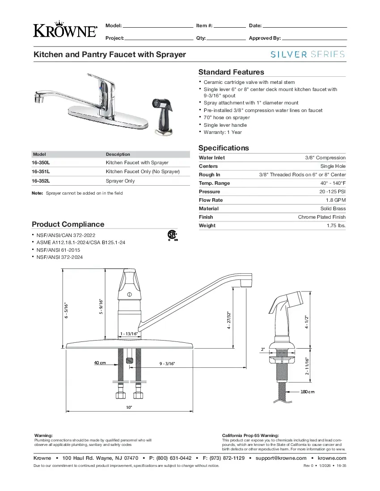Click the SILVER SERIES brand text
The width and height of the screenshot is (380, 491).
click(x=308, y=54)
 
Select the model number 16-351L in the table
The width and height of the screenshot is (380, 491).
click(x=41, y=171)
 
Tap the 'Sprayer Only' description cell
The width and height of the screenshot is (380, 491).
click(x=120, y=181)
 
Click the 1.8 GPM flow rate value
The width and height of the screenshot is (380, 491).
click(x=336, y=200)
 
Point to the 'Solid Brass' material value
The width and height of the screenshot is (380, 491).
click(x=333, y=208)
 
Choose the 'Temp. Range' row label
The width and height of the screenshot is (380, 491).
click(x=215, y=183)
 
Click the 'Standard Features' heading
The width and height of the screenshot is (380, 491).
click(x=231, y=72)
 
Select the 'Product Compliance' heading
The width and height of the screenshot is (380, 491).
click(x=68, y=224)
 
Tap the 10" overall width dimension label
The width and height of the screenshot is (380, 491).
click(x=129, y=407)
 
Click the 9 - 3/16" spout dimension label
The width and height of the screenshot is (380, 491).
click(x=167, y=364)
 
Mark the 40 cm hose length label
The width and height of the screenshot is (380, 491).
click(x=100, y=362)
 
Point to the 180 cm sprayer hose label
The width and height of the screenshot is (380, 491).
click(x=307, y=392)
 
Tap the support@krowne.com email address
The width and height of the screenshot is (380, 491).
click(x=281, y=458)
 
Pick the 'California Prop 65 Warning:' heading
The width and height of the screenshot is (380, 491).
click(x=250, y=435)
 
